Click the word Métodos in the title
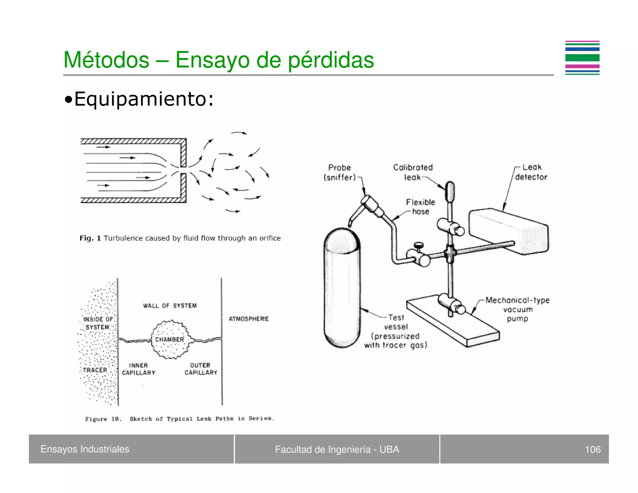pos(106,60)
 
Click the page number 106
pos(593,449)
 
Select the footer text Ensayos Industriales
pos(85,449)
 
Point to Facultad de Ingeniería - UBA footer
pos(337,449)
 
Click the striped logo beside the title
pos(582,58)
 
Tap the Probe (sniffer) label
pos(340,172)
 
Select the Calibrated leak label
pos(413,172)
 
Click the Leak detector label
pos(531,172)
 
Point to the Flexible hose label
pos(420,207)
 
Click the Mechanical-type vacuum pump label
pos(517,309)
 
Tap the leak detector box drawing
pos(508,231)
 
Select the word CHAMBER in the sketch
pos(169,339)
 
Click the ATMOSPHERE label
pos(249,319)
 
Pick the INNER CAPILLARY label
pos(138,369)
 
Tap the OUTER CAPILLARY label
pos(201,369)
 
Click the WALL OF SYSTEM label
pos(170,306)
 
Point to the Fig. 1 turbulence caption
pos(180,238)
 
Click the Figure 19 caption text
pos(180,419)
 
